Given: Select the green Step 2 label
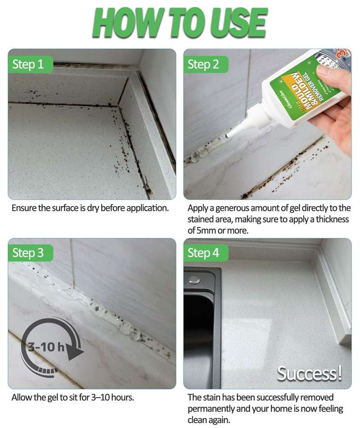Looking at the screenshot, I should coord(203,64).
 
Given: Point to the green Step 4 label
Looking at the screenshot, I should coord(203,253).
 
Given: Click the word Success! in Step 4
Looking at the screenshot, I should coord(310,373).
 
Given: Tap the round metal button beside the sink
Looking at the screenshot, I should coord(195,278).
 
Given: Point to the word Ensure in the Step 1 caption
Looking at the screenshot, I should coord(22,208).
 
